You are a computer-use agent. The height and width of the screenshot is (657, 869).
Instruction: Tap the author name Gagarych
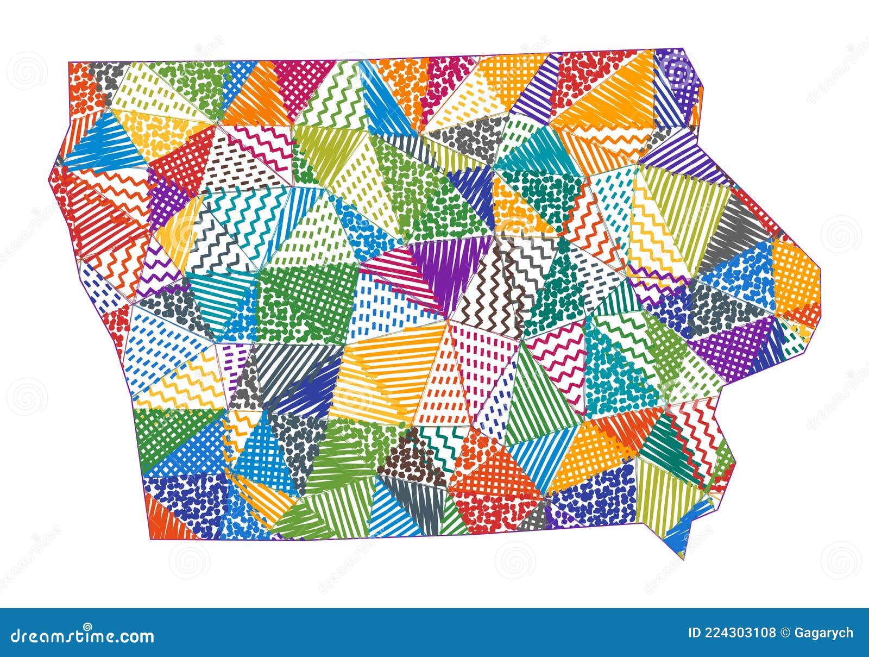click(x=823, y=633)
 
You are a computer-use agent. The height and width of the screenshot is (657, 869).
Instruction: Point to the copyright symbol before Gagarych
click(x=784, y=633)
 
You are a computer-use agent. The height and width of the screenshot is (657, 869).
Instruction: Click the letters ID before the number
click(x=694, y=633)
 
